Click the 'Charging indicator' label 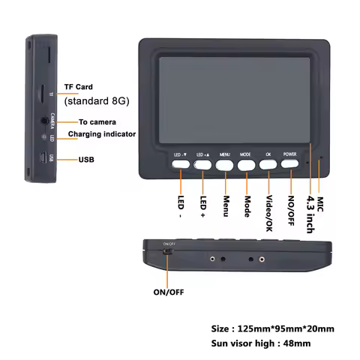pos(102,134)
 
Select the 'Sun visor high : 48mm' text pos(259,343)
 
